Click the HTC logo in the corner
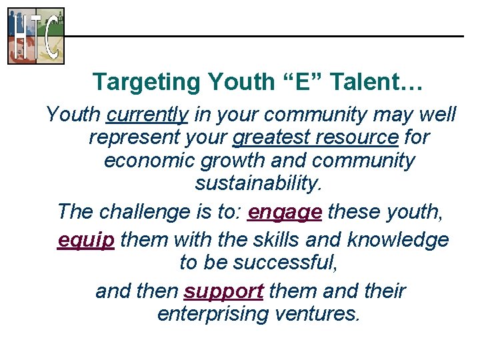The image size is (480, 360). [36, 36]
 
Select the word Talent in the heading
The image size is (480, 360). [365, 83]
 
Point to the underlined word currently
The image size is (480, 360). [147, 115]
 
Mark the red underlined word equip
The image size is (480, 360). [86, 240]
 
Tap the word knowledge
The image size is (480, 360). [398, 239]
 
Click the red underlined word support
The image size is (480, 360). [224, 292]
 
